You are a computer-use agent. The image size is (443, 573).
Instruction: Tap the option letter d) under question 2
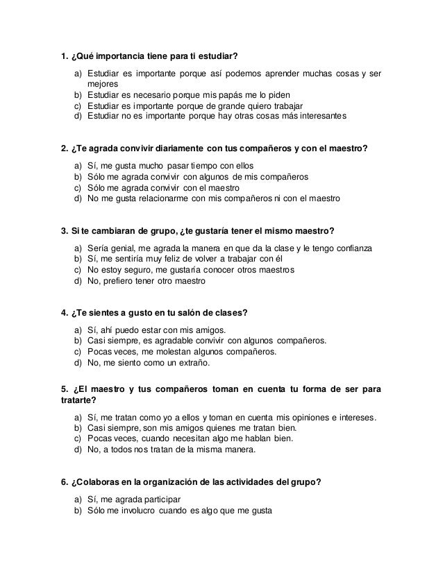tap(77, 198)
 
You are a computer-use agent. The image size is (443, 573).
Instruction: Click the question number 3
tap(65, 230)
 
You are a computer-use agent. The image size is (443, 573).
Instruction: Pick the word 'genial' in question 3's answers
tap(123, 249)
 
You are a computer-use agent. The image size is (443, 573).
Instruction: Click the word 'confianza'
tap(351, 249)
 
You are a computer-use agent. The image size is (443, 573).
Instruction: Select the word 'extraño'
tap(197, 362)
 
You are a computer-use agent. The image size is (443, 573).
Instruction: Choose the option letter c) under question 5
tap(77, 439)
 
